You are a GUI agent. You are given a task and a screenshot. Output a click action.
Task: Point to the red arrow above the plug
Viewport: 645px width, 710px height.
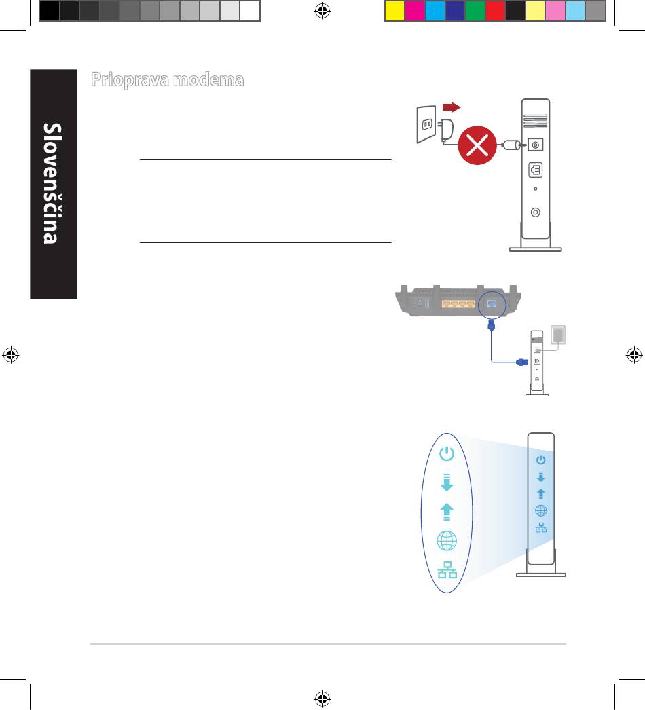[451, 107]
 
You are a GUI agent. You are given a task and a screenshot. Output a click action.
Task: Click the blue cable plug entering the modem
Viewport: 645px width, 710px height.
[521, 362]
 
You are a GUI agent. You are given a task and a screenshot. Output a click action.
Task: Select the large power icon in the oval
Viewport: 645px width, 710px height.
[446, 454]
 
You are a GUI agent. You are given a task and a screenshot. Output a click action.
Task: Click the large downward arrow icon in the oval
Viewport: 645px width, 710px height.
[446, 483]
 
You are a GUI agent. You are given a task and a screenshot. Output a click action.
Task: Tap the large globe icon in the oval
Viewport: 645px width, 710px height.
[446, 541]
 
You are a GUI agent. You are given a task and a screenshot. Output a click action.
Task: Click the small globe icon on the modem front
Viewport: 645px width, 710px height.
[541, 511]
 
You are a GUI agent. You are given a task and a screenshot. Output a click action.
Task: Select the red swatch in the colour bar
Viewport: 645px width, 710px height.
[495, 11]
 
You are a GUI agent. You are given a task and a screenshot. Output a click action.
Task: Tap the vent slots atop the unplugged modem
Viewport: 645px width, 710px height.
[535, 121]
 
